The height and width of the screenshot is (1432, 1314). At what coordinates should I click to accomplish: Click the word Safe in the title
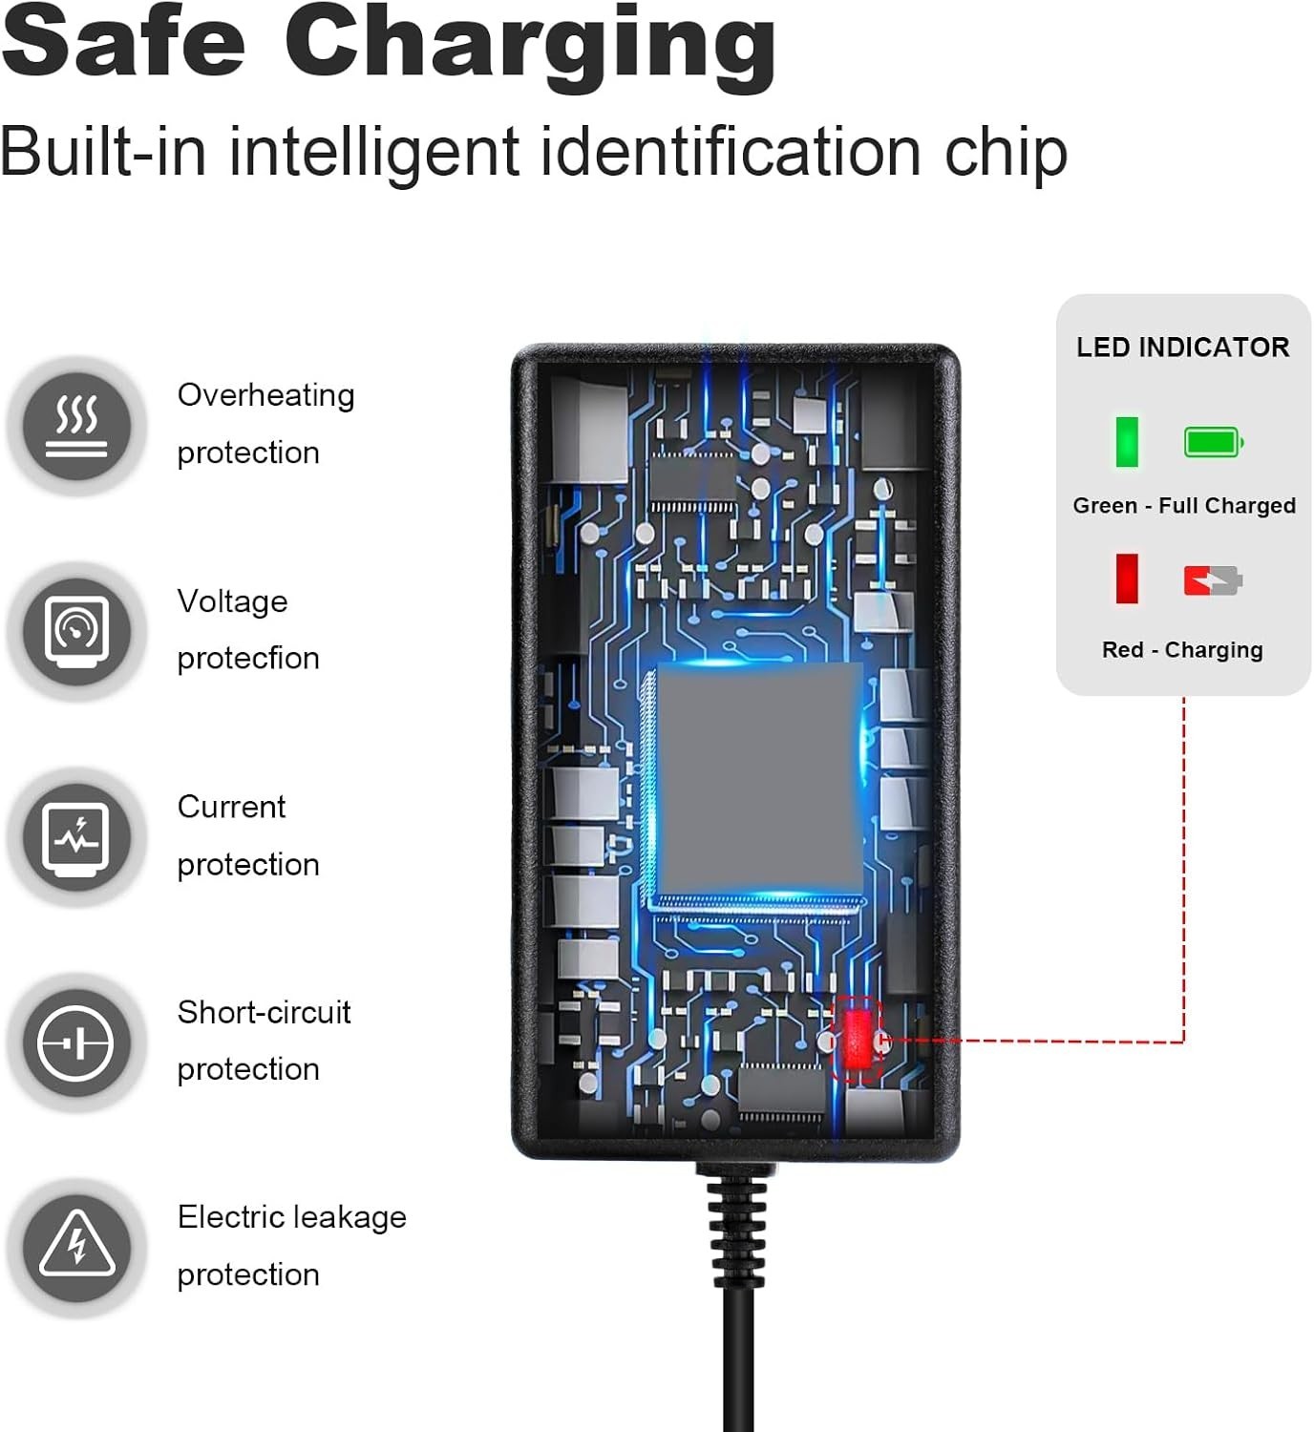[x=124, y=40]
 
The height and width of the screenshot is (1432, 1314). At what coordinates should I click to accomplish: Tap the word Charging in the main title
[x=531, y=49]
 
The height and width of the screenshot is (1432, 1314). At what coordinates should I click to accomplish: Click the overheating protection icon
[x=77, y=426]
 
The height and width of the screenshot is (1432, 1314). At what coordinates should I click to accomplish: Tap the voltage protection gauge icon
[x=77, y=632]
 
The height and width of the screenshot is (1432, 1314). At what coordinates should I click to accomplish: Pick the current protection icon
[x=77, y=837]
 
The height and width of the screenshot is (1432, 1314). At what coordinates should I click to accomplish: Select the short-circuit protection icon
[x=77, y=1042]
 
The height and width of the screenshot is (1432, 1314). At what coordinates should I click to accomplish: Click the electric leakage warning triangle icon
[x=77, y=1249]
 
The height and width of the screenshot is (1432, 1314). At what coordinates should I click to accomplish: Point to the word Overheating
[x=265, y=396]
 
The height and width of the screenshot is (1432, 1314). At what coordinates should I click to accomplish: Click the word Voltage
[x=233, y=602]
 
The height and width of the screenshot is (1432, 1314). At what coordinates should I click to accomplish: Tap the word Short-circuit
[x=265, y=1012]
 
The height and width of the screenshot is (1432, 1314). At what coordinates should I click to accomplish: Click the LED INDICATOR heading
[x=1182, y=347]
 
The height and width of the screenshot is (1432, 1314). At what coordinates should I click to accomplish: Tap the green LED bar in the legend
[x=1127, y=442]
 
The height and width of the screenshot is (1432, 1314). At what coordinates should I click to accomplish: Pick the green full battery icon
[x=1214, y=442]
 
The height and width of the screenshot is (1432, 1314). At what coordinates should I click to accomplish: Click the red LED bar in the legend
[x=1127, y=579]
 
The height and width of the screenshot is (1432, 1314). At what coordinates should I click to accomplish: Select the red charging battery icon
[x=1214, y=580]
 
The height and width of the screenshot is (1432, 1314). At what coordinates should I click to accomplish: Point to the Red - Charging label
[x=1182, y=649]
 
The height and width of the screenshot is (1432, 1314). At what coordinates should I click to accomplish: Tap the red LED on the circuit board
[x=858, y=1040]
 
